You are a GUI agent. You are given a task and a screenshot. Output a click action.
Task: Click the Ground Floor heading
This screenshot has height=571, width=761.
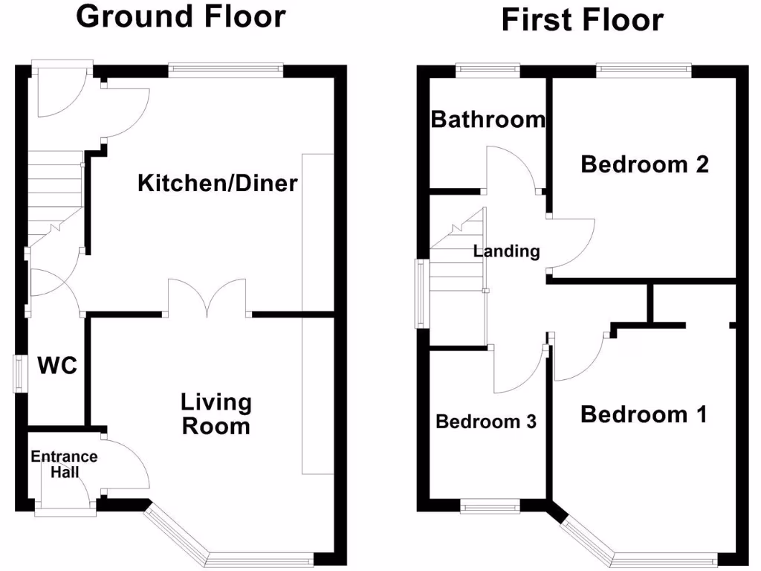[181, 16]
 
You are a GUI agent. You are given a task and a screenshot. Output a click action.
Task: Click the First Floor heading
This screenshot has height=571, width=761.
[582, 19]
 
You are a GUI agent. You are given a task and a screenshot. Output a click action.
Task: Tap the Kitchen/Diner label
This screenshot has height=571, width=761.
[218, 183]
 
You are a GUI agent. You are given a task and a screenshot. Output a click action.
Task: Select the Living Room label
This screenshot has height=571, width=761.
[216, 414]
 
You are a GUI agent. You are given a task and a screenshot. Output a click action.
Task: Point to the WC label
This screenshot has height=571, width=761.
[58, 366]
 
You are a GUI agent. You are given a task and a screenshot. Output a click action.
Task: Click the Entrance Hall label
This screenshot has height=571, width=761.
[64, 464]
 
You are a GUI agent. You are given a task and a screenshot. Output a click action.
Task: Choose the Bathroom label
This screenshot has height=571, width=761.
[488, 119]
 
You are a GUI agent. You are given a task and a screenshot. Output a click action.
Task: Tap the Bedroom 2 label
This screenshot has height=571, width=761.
[644, 164]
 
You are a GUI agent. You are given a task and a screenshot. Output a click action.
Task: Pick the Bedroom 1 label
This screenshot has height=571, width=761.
[644, 414]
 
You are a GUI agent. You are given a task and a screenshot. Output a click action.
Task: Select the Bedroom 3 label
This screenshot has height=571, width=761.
[486, 422]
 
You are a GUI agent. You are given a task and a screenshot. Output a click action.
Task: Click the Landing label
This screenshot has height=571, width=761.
[506, 251]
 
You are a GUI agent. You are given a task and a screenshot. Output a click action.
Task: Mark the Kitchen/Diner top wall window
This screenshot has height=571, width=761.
[226, 71]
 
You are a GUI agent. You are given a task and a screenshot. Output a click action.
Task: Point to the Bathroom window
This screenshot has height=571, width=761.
[488, 70]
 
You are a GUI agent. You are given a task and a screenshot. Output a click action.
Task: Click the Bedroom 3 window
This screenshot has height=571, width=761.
[490, 507]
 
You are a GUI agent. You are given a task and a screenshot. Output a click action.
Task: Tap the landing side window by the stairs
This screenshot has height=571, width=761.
[421, 294]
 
